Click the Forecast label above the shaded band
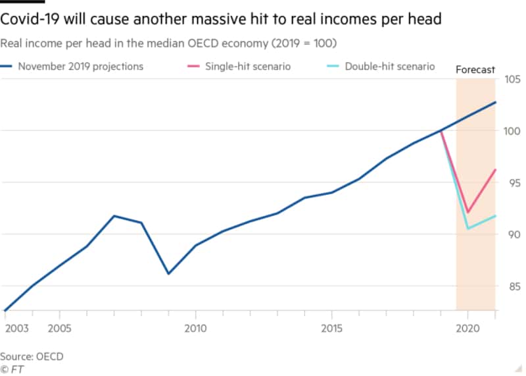tap(475, 69)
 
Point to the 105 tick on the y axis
tap(510, 80)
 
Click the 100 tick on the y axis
tap(510, 131)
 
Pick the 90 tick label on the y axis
tap(510, 234)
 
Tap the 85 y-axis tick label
tap(510, 286)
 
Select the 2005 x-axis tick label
tap(59, 327)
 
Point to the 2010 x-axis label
tap(195, 327)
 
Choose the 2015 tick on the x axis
tap(332, 327)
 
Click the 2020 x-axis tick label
tap(467, 327)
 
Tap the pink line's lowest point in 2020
tap(467, 212)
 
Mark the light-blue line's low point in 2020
tap(467, 228)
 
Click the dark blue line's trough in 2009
tap(168, 273)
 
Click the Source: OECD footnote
tap(32, 356)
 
